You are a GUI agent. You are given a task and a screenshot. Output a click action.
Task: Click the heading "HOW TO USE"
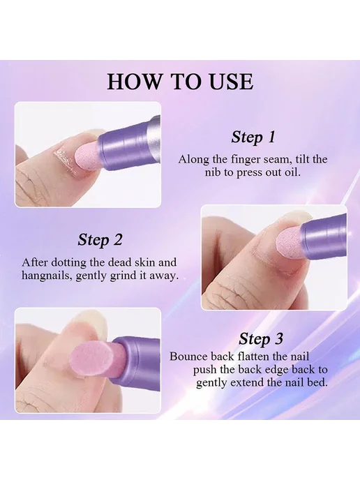click(180, 82)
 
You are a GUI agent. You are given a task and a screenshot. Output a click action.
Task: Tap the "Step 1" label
click(253, 137)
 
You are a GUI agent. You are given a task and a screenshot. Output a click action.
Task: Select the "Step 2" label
click(100, 240)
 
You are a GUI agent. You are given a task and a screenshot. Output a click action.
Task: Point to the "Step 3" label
click(261, 339)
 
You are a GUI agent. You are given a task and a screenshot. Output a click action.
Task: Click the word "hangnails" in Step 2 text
click(45, 276)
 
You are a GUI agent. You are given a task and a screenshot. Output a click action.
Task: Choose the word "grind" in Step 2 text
click(123, 276)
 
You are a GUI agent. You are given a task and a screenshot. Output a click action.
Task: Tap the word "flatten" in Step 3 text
click(257, 357)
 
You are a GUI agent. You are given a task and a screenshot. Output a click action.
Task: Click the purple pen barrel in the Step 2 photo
click(325, 236)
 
